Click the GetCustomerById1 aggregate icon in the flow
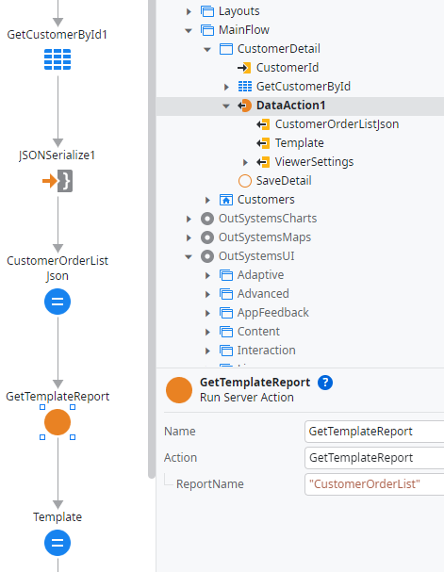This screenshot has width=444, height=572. click(58, 59)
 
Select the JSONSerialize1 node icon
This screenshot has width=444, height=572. click(58, 181)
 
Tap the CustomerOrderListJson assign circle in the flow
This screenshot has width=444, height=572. click(58, 302)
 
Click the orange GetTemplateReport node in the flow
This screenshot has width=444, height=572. click(58, 422)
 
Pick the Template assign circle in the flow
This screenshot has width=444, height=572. click(58, 543)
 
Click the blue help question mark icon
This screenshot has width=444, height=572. click(325, 383)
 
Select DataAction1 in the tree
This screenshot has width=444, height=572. click(290, 106)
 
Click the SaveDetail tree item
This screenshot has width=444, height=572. click(284, 181)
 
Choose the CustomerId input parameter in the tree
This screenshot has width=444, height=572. click(288, 68)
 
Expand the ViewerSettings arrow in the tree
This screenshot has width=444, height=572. click(245, 162)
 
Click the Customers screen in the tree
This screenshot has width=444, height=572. click(266, 200)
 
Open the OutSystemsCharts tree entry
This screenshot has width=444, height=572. click(268, 219)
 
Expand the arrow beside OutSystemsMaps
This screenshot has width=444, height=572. click(189, 237)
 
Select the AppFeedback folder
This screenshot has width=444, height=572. click(272, 313)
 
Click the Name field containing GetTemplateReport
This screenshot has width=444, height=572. click(374, 432)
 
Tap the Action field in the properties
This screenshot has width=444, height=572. click(374, 458)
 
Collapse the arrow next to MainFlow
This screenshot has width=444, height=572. click(189, 30)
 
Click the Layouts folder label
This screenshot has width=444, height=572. click(238, 11)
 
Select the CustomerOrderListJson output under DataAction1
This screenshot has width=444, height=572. click(337, 124)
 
